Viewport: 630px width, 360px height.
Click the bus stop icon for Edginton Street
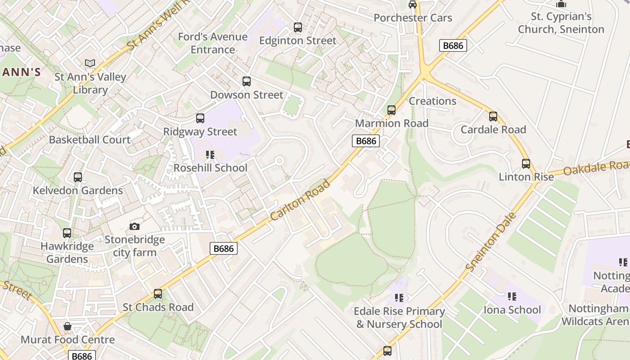click(298, 27)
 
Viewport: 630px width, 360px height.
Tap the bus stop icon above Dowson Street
click(247, 81)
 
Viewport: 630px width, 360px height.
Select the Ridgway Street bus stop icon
click(200, 118)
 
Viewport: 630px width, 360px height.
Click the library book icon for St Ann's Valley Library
click(90, 63)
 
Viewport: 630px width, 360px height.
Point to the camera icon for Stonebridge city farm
click(134, 226)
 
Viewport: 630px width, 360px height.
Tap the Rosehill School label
click(211, 168)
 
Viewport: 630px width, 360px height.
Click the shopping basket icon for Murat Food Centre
click(67, 326)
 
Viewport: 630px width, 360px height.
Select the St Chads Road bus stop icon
click(158, 294)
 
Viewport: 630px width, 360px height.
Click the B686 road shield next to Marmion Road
click(365, 141)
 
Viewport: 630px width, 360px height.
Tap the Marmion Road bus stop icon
click(391, 110)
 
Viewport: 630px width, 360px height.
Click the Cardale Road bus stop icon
click(493, 117)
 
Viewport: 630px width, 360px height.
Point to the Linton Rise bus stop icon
click(526, 164)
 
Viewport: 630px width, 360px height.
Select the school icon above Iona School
click(512, 297)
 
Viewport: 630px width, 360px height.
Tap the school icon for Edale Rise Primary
click(399, 298)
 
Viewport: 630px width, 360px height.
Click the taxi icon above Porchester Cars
click(413, 5)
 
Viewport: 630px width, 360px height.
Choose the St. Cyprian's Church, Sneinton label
click(561, 23)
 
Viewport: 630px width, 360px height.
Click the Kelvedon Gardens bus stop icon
click(78, 177)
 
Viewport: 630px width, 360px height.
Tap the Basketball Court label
click(90, 139)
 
